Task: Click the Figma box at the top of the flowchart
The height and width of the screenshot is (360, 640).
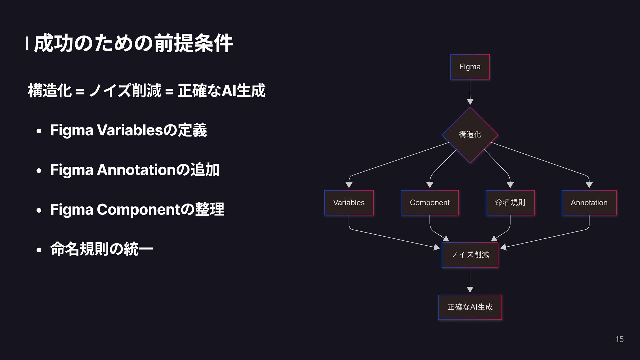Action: click(x=470, y=67)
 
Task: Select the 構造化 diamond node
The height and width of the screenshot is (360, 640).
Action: click(x=470, y=135)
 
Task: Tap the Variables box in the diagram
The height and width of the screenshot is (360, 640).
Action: click(x=349, y=203)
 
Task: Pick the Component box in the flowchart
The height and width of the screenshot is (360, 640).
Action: click(x=430, y=203)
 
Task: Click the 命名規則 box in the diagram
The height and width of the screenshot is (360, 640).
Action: click(x=510, y=203)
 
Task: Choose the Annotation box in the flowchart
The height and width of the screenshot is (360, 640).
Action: click(x=589, y=203)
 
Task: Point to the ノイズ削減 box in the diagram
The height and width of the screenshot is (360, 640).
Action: click(x=470, y=255)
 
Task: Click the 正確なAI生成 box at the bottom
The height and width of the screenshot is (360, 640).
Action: click(x=470, y=307)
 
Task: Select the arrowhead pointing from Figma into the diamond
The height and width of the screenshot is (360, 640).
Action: click(x=470, y=102)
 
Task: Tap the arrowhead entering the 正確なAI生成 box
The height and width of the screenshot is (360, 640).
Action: click(x=470, y=290)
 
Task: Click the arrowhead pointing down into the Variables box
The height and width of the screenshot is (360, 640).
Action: click(x=349, y=185)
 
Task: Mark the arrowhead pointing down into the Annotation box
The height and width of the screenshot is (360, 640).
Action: click(x=589, y=185)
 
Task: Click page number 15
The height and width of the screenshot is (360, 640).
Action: click(x=619, y=339)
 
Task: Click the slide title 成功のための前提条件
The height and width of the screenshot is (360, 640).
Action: click(x=133, y=43)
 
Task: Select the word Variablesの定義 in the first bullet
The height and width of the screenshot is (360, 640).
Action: click(x=152, y=130)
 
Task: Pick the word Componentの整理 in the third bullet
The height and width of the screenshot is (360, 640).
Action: click(x=160, y=209)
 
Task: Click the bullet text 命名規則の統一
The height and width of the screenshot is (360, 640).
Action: click(x=101, y=249)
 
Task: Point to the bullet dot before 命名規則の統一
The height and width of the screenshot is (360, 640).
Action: click(x=39, y=250)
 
